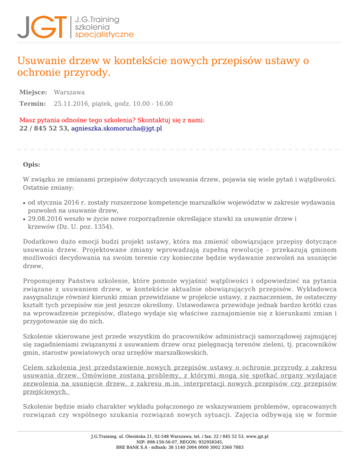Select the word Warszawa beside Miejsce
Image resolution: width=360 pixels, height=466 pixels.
(x=69, y=93)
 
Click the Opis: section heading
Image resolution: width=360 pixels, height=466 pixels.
(x=31, y=165)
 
